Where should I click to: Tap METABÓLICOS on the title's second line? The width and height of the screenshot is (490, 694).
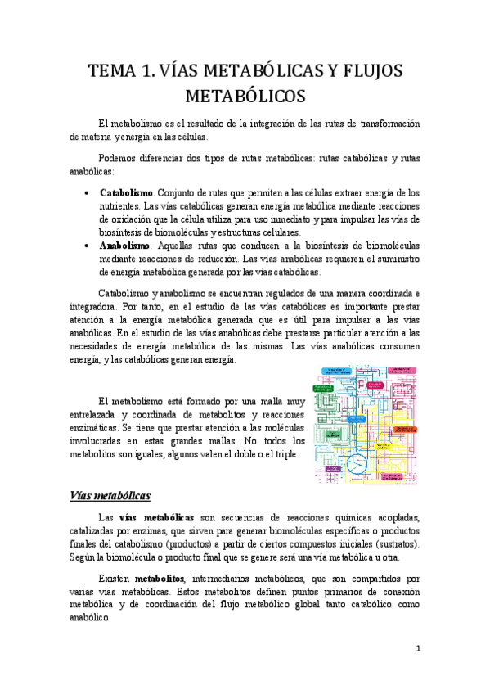pos(245,97)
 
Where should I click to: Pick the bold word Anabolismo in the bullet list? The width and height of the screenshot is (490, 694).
pos(124,246)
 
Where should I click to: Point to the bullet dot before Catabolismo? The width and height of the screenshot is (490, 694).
pos(88,192)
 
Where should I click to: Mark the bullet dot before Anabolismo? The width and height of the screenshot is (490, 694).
pos(88,246)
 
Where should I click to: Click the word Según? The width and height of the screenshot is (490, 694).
pos(84,557)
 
